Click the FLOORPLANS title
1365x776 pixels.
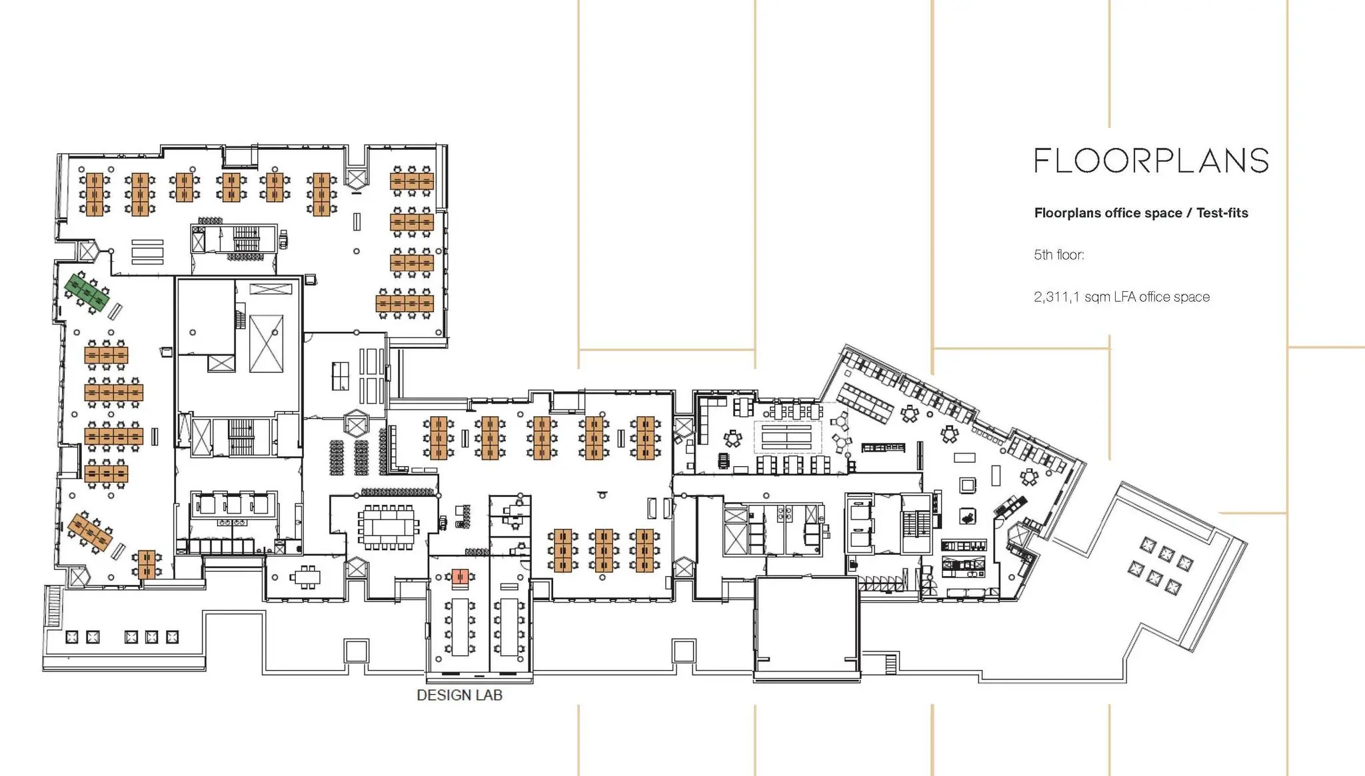(x=1151, y=161)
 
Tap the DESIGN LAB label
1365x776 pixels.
(x=459, y=695)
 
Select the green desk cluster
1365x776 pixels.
(x=87, y=293)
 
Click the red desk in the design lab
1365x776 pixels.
(x=460, y=577)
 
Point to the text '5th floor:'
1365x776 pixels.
(x=1059, y=255)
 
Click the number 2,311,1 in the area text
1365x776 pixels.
(x=1056, y=297)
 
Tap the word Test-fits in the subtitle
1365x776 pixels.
(x=1222, y=213)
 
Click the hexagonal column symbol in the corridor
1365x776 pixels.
(x=357, y=424)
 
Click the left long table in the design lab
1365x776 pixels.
(x=460, y=626)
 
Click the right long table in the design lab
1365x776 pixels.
(x=509, y=626)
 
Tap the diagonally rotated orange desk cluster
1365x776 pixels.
(x=90, y=531)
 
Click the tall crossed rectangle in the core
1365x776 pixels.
(x=267, y=343)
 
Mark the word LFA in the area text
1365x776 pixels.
(x=1124, y=297)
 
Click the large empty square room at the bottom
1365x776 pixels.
(x=806, y=626)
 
